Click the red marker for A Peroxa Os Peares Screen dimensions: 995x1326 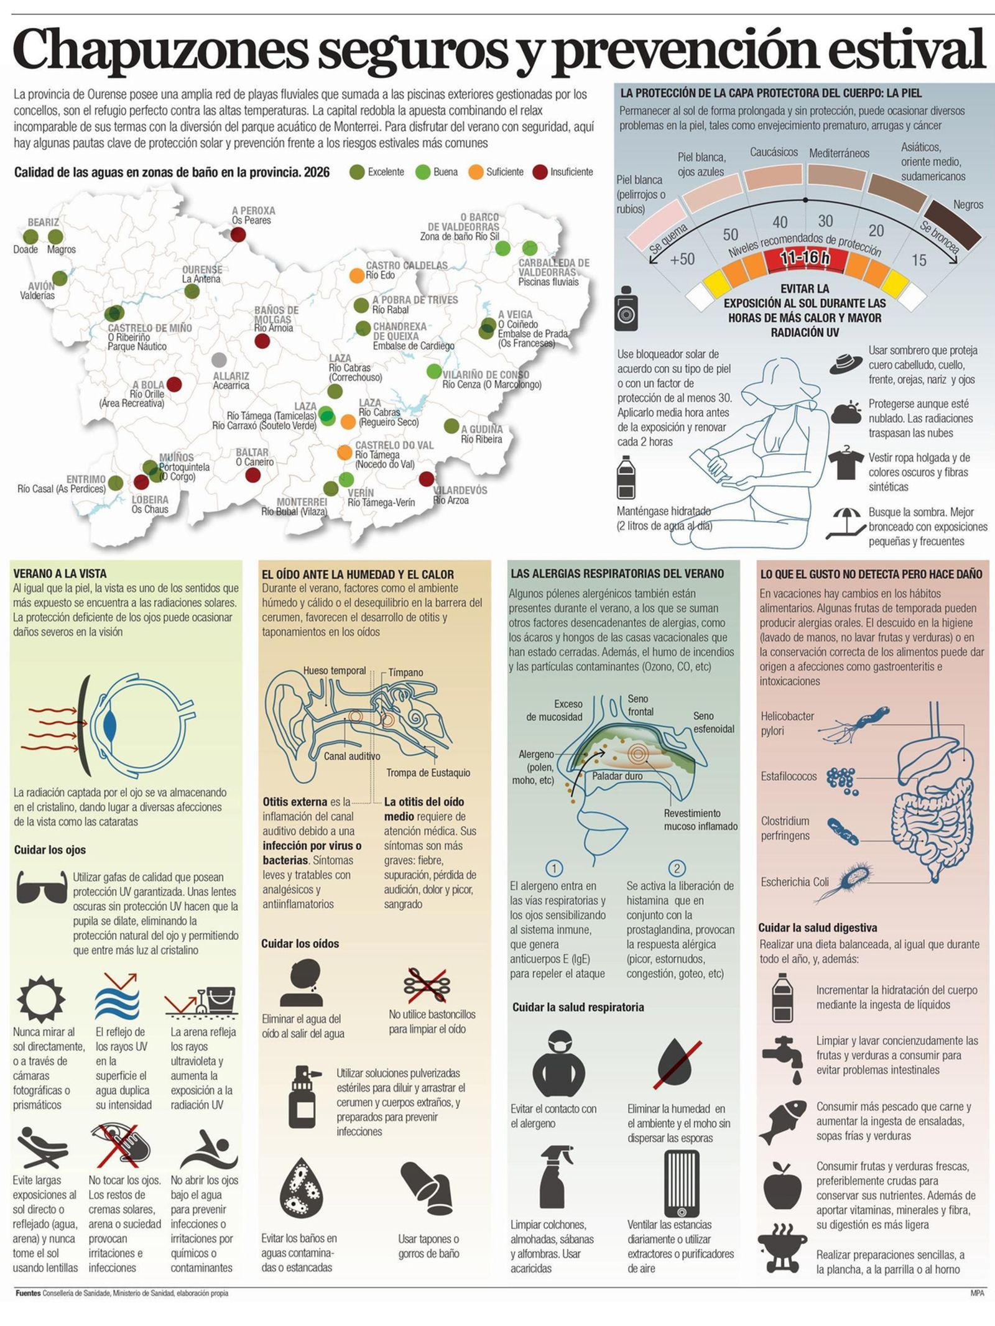point(238,234)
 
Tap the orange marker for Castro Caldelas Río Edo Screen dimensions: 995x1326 point(356,274)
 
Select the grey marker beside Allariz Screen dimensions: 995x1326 point(219,359)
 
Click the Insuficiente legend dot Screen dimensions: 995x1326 point(540,172)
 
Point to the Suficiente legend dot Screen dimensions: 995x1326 point(476,172)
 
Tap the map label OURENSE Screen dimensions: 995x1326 point(202,270)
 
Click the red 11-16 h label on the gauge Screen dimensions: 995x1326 point(805,257)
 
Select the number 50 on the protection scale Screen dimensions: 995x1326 point(731,234)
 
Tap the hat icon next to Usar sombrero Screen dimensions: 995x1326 point(846,363)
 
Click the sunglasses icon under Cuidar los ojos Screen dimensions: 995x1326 point(41,886)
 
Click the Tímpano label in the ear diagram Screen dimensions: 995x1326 point(405,672)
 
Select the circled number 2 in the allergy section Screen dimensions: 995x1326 point(677,868)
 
